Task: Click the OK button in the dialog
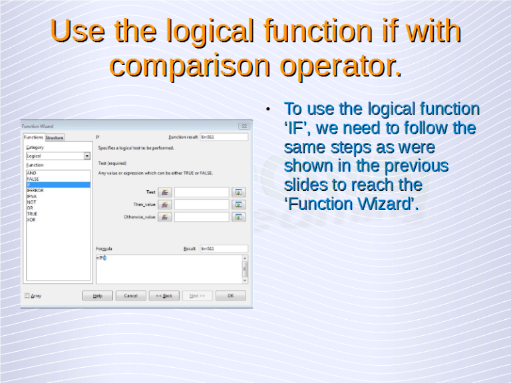click(230, 296)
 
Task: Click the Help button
click(98, 296)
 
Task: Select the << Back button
click(164, 296)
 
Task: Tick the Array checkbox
click(27, 296)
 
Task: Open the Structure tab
click(55, 138)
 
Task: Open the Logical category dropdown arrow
click(87, 156)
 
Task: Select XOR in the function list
click(31, 219)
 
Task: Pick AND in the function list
click(31, 173)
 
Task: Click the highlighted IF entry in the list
click(57, 185)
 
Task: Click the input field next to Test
click(202, 192)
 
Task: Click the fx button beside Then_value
click(164, 205)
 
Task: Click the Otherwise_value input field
click(202, 217)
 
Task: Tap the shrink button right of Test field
click(240, 192)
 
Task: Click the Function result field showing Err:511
click(223, 138)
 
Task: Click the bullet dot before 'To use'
click(266, 109)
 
